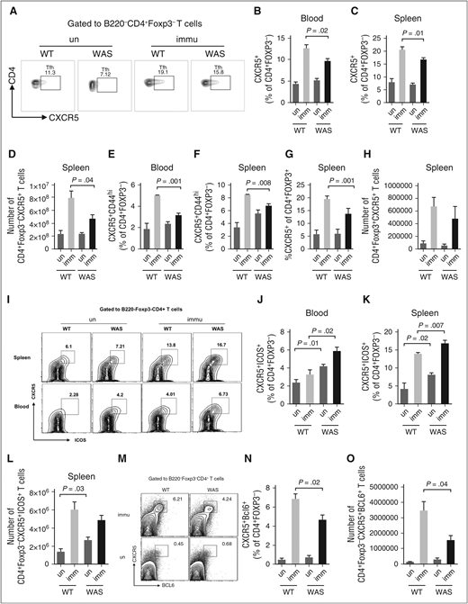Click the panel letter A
pos(6,7)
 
